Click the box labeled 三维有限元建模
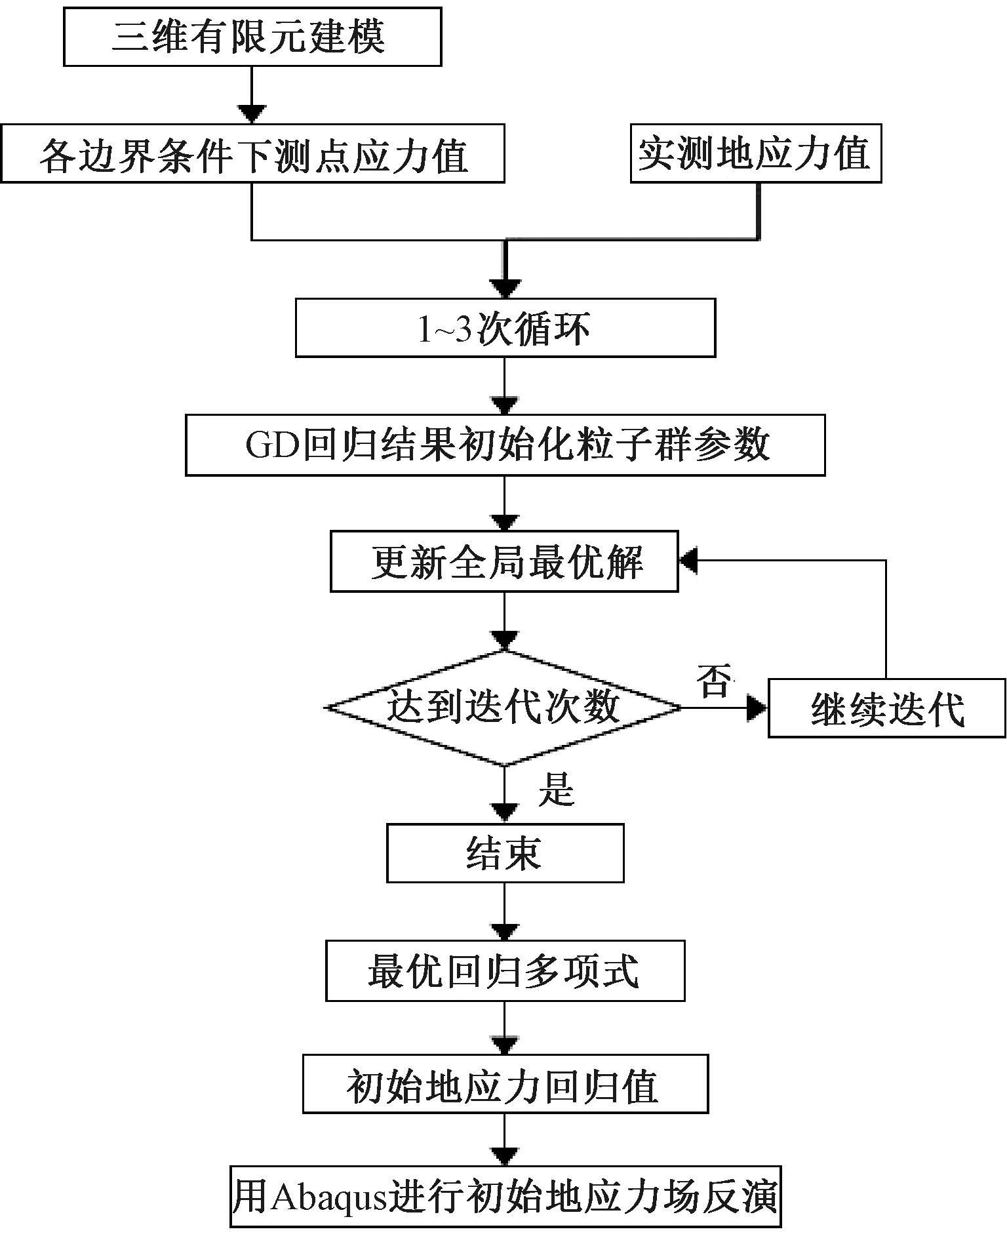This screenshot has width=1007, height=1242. pos(252,37)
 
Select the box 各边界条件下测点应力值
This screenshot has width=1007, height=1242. pos(252,153)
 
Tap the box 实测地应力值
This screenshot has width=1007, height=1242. pos(756,153)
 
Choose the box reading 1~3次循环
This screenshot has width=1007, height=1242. pos(505,328)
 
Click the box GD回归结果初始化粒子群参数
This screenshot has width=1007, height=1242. pos(505,445)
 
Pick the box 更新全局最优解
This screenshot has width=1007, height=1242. pos(504,562)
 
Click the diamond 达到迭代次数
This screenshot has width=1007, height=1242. pos(504,708)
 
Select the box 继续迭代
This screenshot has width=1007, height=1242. pos(887,708)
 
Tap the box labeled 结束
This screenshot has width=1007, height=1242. pos(505,853)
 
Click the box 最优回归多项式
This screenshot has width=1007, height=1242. pos(505,971)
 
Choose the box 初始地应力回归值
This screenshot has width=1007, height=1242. pos(505,1087)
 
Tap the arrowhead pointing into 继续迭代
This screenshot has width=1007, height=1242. pos(758,708)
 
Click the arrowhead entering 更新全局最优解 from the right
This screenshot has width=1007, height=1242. pos(689,561)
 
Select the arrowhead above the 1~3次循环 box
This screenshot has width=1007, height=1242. pos(505,289)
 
